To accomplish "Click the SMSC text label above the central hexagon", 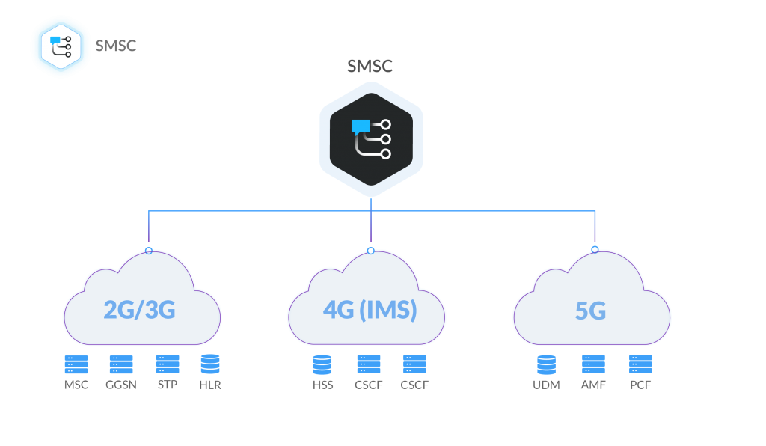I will tap(370, 67).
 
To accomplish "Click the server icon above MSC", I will tap(76, 364).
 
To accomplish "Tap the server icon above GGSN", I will tap(121, 364).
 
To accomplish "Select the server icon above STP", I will tap(167, 364).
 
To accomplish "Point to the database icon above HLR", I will tap(210, 364).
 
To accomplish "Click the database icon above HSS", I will tap(322, 364).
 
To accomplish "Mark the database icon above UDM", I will tap(547, 364).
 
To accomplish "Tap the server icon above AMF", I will tap(594, 364).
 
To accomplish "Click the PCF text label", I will tap(640, 385).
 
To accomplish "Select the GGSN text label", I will tap(121, 385).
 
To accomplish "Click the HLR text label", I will tap(210, 385).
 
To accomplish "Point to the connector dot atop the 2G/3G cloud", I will tap(149, 250).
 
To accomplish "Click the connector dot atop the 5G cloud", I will tap(595, 249).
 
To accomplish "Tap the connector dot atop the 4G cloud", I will tap(371, 250).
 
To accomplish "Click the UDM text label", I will tap(547, 385).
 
